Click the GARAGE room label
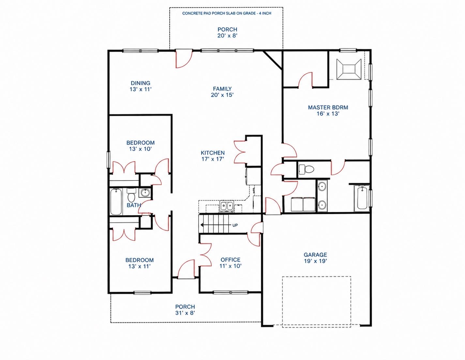pyautogui.click(x=315, y=255)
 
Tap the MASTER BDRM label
pyautogui.click(x=328, y=107)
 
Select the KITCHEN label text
pyautogui.click(x=213, y=153)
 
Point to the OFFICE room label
pyautogui.click(x=231, y=260)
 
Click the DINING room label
pyautogui.click(x=141, y=83)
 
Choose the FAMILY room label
pyautogui.click(x=222, y=89)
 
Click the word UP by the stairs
pyautogui.click(x=235, y=225)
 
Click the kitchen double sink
pyautogui.click(x=227, y=207)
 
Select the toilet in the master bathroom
pyautogui.click(x=307, y=169)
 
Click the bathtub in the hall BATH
pyautogui.click(x=116, y=202)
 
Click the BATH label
pyautogui.click(x=134, y=205)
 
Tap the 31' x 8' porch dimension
pyautogui.click(x=185, y=313)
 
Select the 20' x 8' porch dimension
pyautogui.click(x=227, y=36)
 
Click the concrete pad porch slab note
pyautogui.click(x=227, y=13)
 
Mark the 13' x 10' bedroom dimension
pyautogui.click(x=140, y=149)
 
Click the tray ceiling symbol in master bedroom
pyautogui.click(x=349, y=69)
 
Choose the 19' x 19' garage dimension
pyautogui.click(x=315, y=261)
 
